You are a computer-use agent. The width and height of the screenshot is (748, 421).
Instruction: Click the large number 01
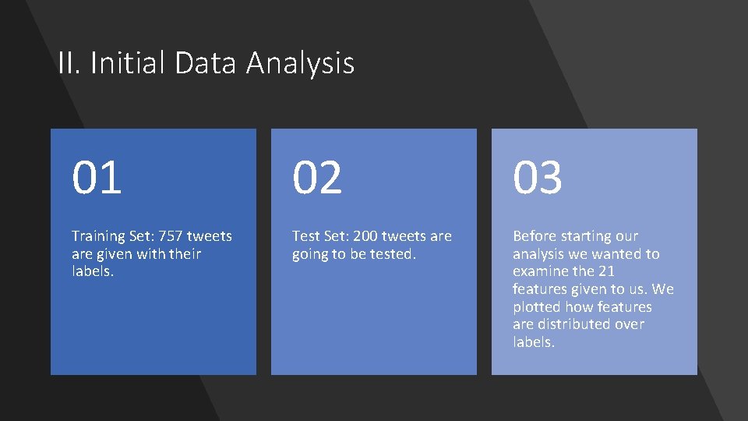(x=97, y=177)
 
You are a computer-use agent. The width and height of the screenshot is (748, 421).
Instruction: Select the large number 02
(x=317, y=177)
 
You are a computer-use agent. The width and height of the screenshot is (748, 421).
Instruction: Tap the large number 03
(x=538, y=177)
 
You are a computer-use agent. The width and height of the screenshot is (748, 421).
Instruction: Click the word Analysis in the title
(x=300, y=63)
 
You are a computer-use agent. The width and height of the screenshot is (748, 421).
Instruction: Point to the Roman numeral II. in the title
(x=70, y=63)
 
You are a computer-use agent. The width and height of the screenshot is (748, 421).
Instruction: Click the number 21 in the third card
(x=607, y=271)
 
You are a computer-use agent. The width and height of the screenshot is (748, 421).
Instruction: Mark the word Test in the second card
(x=305, y=236)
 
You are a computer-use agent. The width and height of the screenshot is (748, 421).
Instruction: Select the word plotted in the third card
(x=538, y=307)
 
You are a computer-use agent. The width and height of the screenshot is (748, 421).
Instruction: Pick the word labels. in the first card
(x=93, y=271)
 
